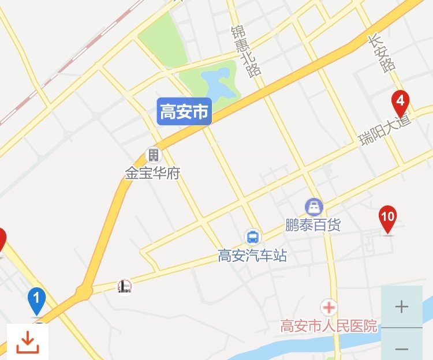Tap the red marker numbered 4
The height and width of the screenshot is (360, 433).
coord(400,102)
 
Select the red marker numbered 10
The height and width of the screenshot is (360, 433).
coord(387,218)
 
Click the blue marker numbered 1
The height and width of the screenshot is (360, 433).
coord(36,299)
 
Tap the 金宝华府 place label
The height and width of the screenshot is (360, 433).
coord(152,172)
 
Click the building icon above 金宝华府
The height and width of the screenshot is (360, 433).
coord(153,155)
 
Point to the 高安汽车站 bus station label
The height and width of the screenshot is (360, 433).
coord(252,256)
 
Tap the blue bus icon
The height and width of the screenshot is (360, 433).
coord(252,237)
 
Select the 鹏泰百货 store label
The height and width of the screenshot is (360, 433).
coord(313,225)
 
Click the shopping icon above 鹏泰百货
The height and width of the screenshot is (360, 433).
coord(313,206)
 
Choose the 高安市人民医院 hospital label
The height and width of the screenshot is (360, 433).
coord(329,326)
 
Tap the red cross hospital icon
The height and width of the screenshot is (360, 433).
coord(329,307)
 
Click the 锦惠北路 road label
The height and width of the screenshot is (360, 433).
coord(245,51)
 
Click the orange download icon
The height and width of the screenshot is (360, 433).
coord(27,342)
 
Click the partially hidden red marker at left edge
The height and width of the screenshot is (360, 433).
coord(2,239)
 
